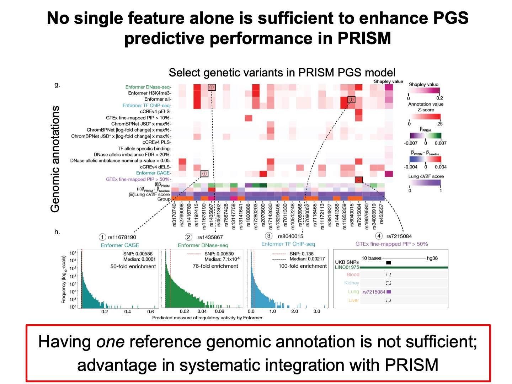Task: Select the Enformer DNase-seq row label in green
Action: [148, 87]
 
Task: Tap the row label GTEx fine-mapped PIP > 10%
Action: [138, 118]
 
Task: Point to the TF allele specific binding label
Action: [144, 149]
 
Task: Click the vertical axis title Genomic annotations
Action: [55, 159]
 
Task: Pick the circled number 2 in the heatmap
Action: [212, 87]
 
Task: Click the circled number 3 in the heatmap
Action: [351, 100]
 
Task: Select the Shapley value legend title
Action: [423, 85]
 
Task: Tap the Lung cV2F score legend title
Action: [426, 176]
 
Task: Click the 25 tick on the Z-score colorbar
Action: [440, 124]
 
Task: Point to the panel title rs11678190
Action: [122, 237]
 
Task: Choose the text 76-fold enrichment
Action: [215, 266]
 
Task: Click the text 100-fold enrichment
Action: [303, 266]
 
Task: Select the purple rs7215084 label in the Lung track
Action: [374, 292]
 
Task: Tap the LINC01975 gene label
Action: [347, 267]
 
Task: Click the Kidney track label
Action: [352, 283]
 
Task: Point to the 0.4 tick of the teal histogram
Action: [128, 312]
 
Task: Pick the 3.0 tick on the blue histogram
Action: [316, 311]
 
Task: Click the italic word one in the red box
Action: [110, 342]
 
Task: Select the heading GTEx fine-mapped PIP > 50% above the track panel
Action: [391, 244]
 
